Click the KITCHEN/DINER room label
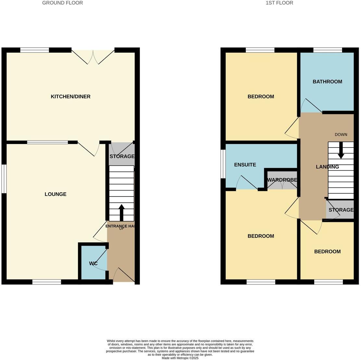click(x=70, y=96)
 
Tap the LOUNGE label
click(x=56, y=194)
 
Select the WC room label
click(x=93, y=264)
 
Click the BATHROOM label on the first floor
click(x=327, y=82)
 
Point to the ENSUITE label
click(x=245, y=165)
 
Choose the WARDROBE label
click(x=282, y=180)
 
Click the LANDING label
click(x=327, y=167)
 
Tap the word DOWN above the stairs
click(x=341, y=135)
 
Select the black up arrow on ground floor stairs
click(x=122, y=212)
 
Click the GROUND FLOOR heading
click(x=63, y=3)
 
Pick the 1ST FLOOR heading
click(x=279, y=3)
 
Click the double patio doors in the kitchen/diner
click(x=93, y=56)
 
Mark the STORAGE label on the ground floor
click(x=122, y=156)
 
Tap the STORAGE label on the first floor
click(x=341, y=210)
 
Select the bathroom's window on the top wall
click(x=328, y=50)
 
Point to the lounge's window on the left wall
click(x=4, y=179)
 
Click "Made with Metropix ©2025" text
click(x=180, y=358)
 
